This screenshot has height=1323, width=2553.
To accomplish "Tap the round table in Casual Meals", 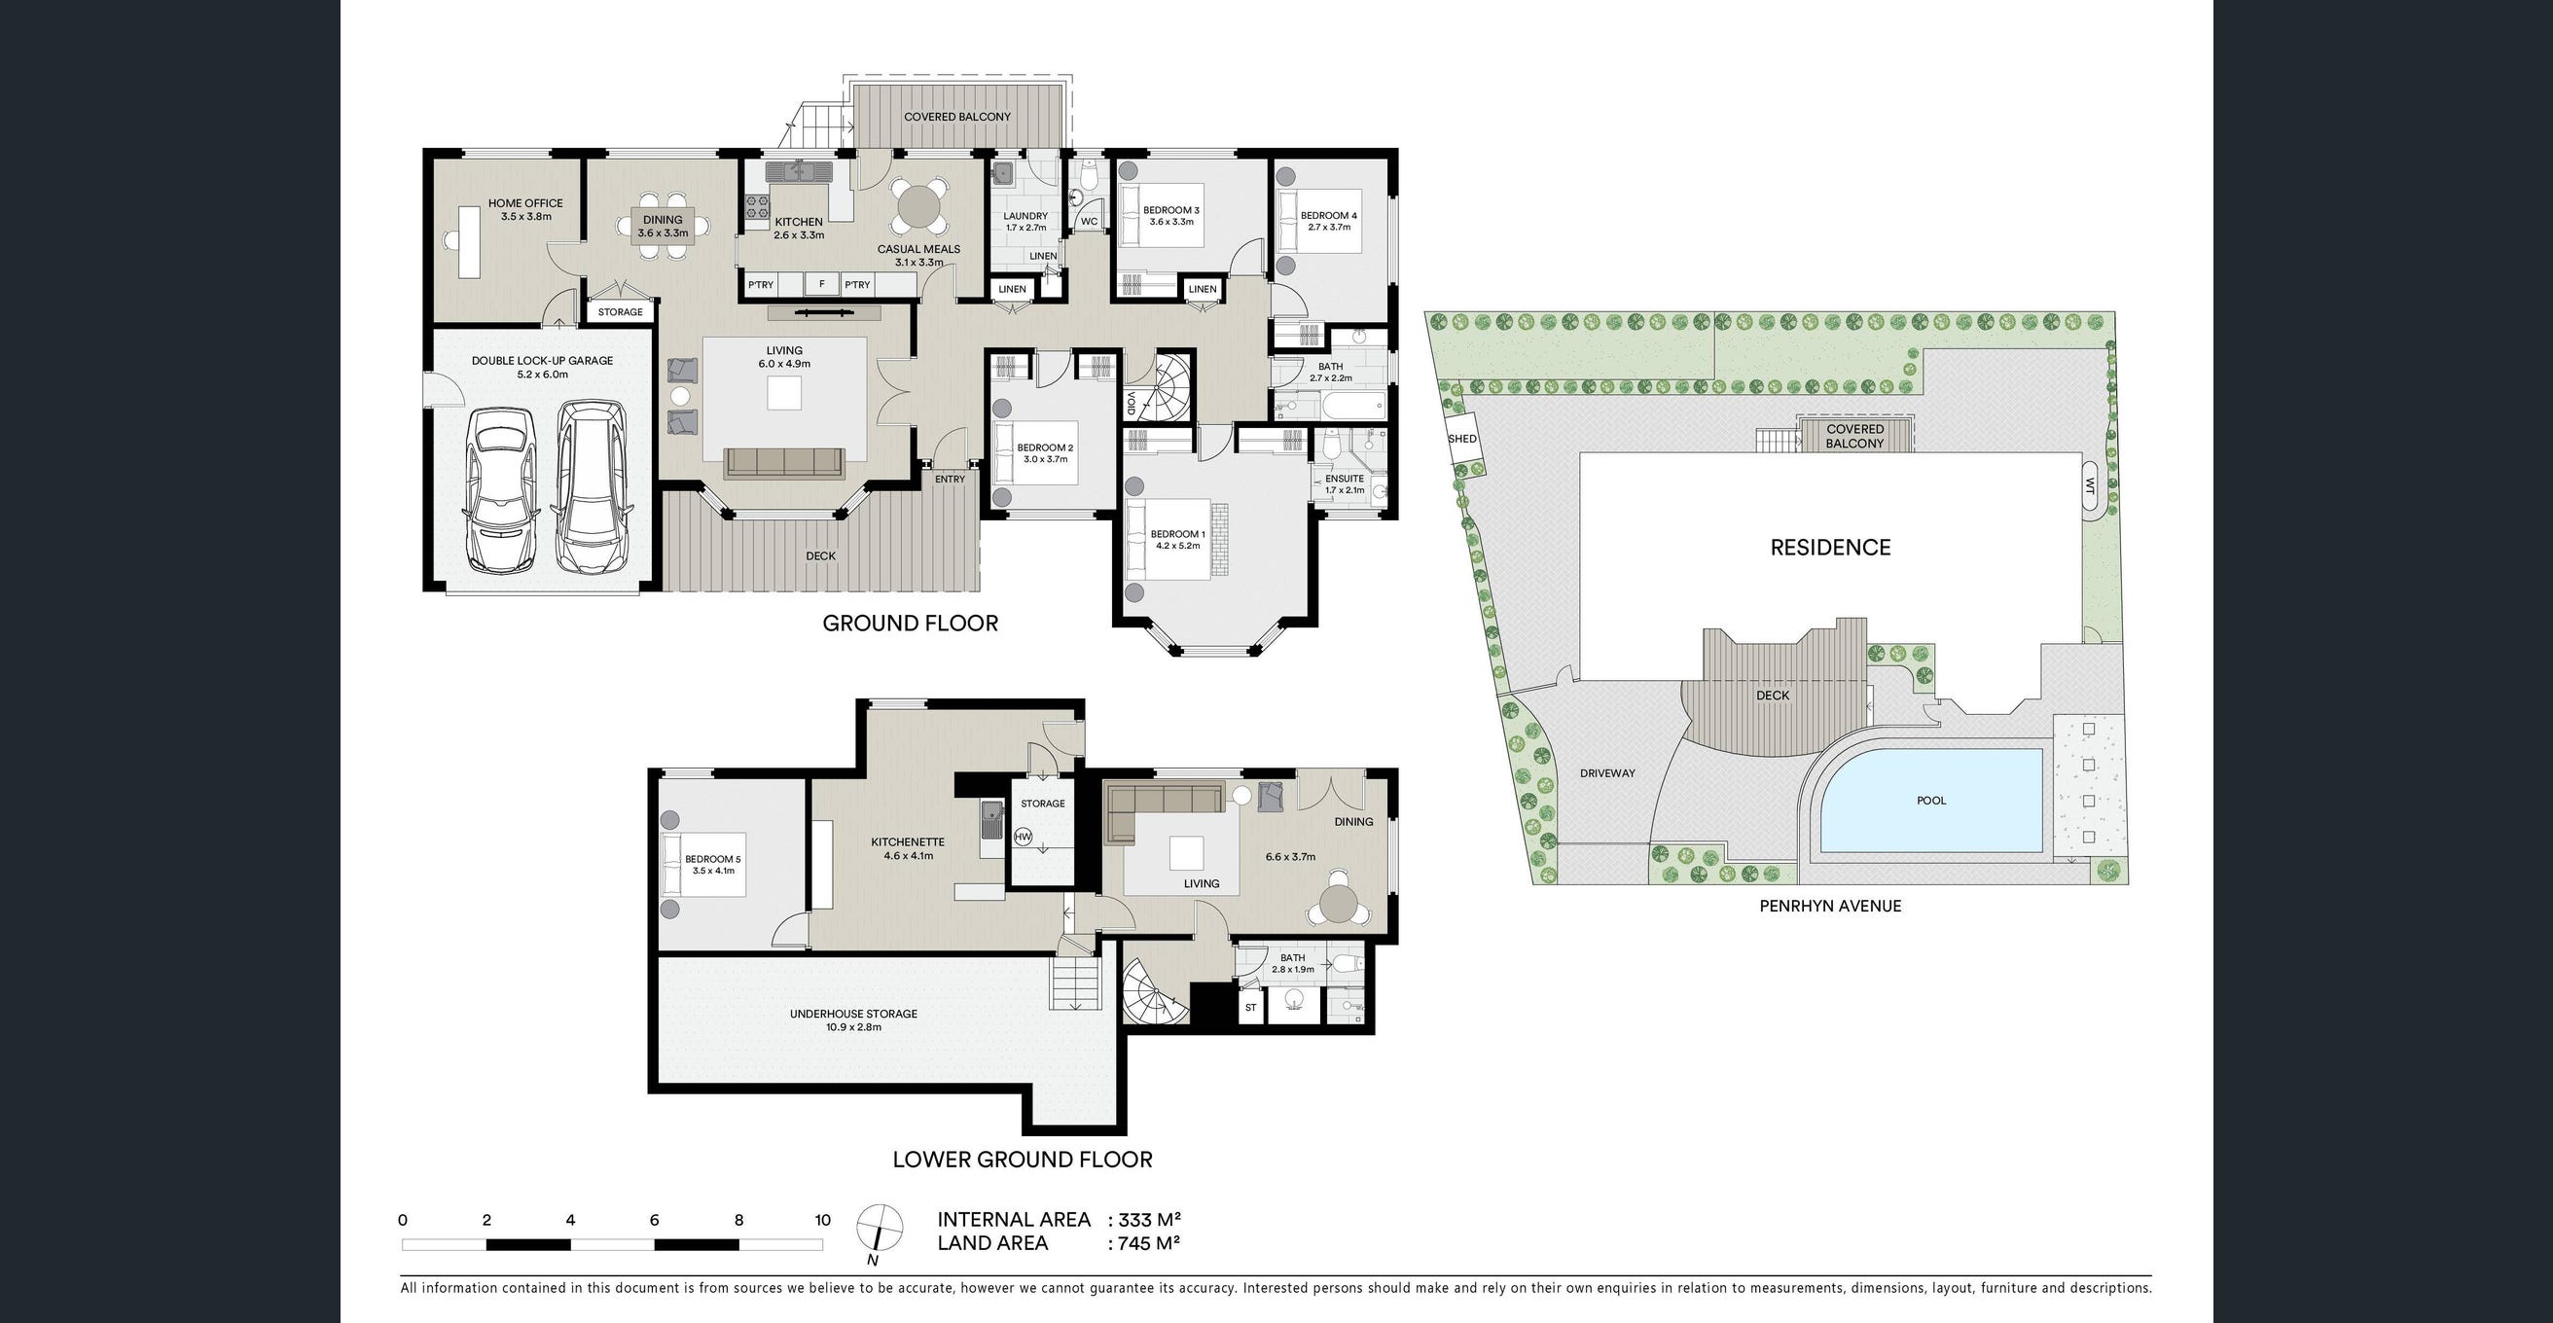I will (918, 207).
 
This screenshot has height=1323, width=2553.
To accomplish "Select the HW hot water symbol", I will (1024, 838).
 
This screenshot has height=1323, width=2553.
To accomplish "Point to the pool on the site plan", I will (1930, 801).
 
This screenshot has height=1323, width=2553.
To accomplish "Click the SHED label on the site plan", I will (1461, 439).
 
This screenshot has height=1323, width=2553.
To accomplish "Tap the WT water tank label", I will (2089, 485).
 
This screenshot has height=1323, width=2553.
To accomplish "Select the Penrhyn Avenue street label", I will (1829, 906).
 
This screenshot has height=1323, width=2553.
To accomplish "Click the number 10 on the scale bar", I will (821, 1220).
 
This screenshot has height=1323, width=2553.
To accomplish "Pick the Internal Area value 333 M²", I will (1150, 1220).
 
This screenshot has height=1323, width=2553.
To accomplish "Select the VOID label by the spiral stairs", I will (1131, 404).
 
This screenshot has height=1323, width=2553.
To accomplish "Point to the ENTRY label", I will (950, 480).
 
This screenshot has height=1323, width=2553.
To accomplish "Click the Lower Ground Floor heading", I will (1022, 1160).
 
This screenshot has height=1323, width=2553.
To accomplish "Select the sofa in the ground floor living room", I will (783, 462).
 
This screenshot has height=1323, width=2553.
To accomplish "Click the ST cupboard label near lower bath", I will (1251, 1008).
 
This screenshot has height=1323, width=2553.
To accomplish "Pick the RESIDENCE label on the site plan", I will (1830, 547).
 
